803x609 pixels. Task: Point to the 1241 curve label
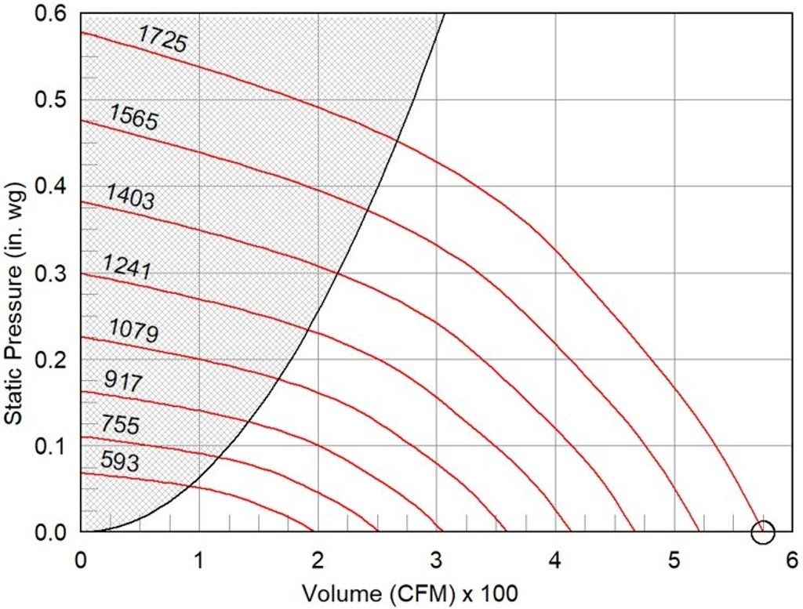[126, 269]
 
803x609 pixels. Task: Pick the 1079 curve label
[133, 331]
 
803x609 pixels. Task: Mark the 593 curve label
[119, 461]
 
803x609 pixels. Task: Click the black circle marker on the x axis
[762, 533]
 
